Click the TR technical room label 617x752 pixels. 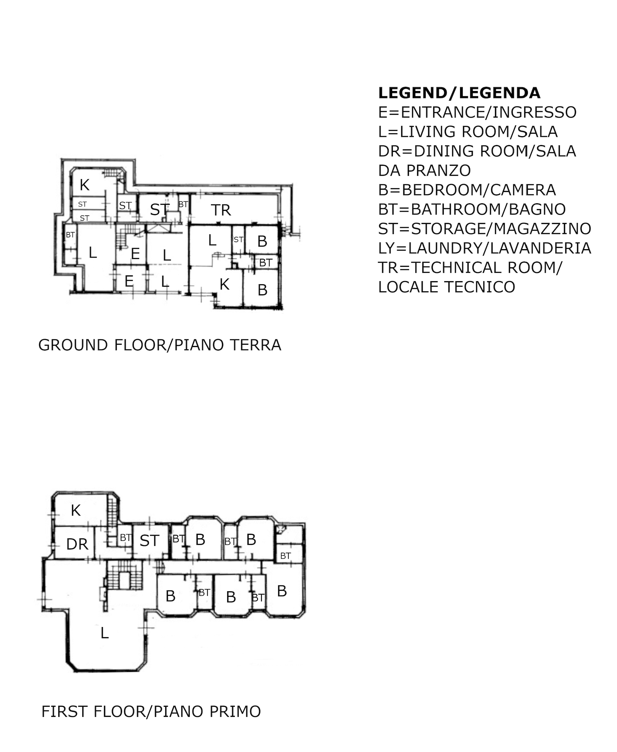221,210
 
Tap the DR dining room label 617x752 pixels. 77,544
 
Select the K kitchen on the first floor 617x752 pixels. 76,511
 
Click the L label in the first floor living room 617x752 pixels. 105,633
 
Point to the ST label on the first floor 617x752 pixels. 149,541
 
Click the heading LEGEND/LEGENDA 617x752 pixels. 459,93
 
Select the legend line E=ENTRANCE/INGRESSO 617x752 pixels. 477,112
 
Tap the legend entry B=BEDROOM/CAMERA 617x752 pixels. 467,190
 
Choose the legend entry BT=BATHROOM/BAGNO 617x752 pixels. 472,209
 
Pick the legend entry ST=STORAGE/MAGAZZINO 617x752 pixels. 485,229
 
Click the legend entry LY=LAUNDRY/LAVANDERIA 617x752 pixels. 485,248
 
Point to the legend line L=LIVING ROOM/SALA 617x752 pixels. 468,132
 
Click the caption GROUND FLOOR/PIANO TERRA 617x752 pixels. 160,345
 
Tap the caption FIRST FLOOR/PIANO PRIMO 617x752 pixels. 151,712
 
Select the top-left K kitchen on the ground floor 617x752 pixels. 84,185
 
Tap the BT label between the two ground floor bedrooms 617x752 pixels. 266,263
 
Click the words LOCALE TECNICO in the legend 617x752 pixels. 447,287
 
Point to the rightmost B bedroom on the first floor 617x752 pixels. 282,591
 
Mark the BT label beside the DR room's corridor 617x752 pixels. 126,538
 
